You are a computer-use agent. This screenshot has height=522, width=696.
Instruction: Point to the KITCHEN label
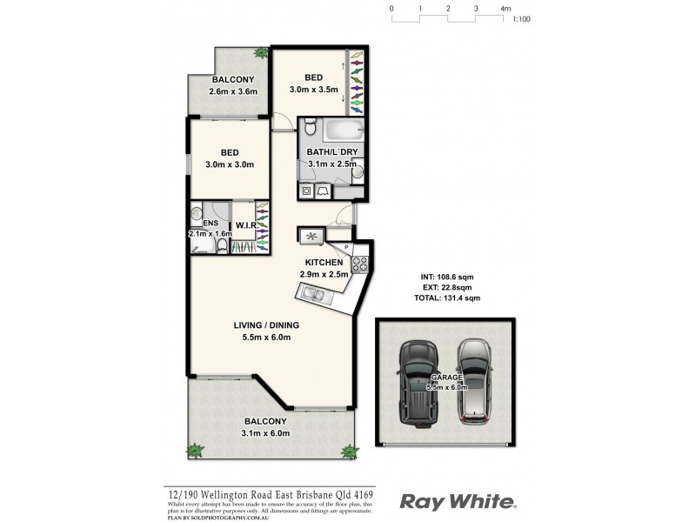323,262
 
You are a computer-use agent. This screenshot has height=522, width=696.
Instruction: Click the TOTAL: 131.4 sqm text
447,298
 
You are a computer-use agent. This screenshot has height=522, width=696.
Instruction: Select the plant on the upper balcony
260,54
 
